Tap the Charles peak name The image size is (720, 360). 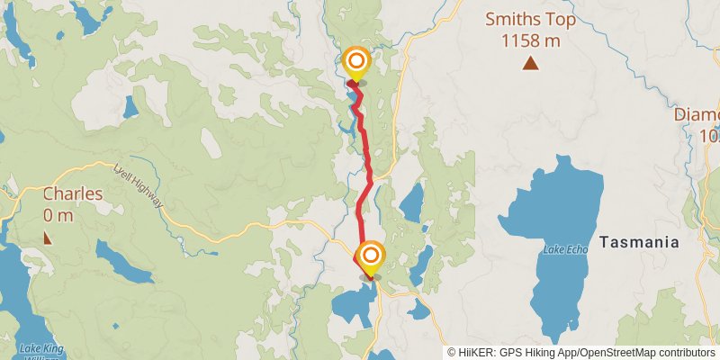pos(73,194)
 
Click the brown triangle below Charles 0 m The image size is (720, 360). pos(47,238)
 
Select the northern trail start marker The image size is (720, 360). pos(356,62)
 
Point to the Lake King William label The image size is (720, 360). pos(40,351)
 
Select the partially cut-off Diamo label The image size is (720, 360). pos(697,116)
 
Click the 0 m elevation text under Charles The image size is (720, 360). pos(58,215)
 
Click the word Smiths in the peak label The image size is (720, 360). pos(510,19)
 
